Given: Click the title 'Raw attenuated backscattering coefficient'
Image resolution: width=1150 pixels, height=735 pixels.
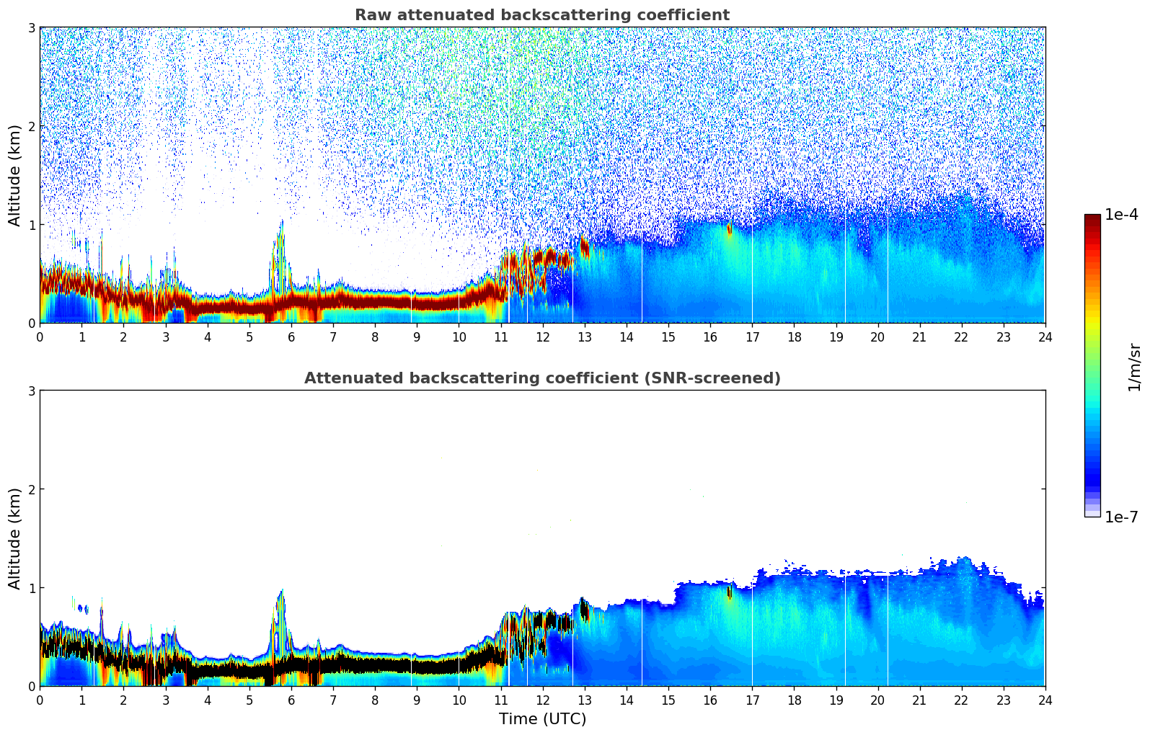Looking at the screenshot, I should (x=541, y=15).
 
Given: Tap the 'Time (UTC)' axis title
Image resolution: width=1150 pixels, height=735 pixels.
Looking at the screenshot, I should (x=542, y=719).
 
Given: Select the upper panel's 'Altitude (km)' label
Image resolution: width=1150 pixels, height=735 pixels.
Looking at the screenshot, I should (x=15, y=175).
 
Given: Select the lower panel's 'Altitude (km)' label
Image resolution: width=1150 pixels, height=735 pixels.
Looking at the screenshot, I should (x=15, y=538).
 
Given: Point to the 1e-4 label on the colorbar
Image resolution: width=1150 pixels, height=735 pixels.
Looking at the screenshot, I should (x=1121, y=215).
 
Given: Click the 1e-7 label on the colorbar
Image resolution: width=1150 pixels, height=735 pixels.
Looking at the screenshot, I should (x=1121, y=517).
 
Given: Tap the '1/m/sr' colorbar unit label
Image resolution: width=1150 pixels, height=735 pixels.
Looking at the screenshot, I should (x=1134, y=366).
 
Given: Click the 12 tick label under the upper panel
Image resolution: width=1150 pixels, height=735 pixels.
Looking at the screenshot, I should (x=542, y=337).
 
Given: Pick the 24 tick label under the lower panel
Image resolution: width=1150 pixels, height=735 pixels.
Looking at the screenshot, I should (x=1045, y=700).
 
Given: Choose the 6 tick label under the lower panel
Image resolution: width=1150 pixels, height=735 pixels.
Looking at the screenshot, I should (x=291, y=700).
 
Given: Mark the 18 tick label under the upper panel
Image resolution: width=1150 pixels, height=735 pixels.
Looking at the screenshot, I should (x=794, y=337).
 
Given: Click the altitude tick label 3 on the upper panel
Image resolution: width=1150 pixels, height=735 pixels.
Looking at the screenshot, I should (x=31, y=27).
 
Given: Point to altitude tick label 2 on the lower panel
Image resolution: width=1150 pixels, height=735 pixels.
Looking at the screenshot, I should (x=31, y=489).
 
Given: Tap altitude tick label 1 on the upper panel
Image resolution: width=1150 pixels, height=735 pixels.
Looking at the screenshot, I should (x=31, y=225).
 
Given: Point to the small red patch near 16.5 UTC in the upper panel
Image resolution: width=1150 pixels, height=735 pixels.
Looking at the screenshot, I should (x=729, y=229).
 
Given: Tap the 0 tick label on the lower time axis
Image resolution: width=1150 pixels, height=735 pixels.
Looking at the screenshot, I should (x=40, y=700).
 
